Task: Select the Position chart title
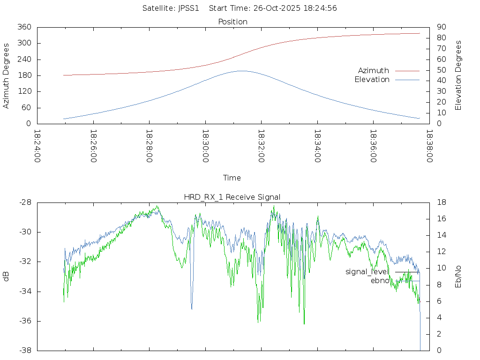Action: (233, 22)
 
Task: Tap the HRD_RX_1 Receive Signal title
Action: (232, 197)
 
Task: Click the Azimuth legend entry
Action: (374, 70)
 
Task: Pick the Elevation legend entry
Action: (372, 80)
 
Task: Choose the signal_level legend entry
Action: (367, 272)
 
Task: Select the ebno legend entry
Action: (380, 281)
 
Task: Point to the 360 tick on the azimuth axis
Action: (24, 27)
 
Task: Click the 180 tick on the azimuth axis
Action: (24, 75)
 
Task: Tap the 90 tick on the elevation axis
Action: (441, 27)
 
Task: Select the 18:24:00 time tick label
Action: (37, 146)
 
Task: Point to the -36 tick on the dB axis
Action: (24, 321)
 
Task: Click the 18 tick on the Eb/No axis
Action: (441, 202)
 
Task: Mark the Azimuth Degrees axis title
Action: (6, 75)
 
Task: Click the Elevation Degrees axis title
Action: (458, 75)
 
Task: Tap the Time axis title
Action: (232, 178)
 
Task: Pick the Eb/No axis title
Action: (458, 277)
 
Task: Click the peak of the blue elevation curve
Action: (241, 71)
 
